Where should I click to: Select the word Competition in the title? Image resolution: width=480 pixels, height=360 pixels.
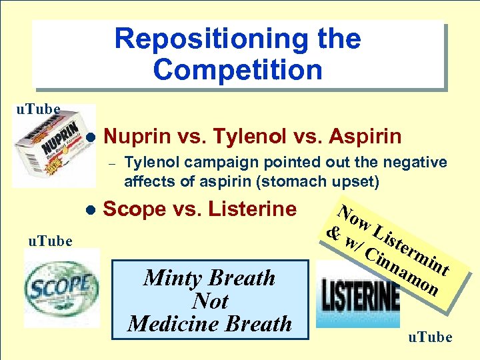click(x=237, y=69)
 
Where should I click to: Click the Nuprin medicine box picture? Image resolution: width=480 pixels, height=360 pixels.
click(x=54, y=146)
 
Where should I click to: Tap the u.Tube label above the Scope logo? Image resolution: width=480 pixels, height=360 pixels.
click(x=45, y=241)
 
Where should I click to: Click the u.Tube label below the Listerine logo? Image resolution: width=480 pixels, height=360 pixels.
click(x=429, y=337)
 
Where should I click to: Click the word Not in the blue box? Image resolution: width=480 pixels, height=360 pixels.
click(x=210, y=301)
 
